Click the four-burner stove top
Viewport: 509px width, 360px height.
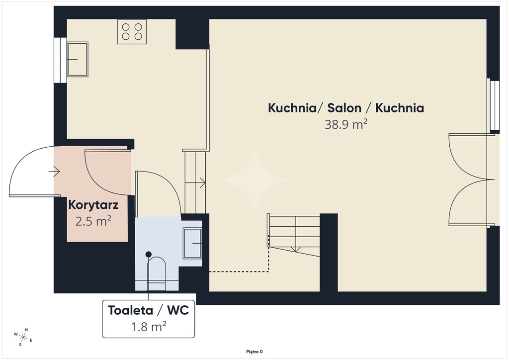coord(132,31)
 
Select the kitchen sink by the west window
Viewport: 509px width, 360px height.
coord(77,59)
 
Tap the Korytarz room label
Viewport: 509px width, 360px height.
coord(93,205)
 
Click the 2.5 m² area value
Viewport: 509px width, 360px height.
coord(93,221)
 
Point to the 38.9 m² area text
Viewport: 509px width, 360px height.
coord(346,124)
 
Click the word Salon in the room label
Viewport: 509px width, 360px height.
coord(344,108)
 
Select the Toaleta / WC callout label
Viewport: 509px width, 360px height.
coord(148,310)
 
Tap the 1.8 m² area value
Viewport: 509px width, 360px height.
coord(148,326)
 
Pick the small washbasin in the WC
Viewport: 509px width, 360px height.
coord(192,243)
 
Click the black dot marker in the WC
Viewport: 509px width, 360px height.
coord(148,254)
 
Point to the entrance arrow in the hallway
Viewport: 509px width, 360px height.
coord(54,171)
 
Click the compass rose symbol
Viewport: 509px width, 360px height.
coord(23,337)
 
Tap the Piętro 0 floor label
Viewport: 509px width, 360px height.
coord(254,352)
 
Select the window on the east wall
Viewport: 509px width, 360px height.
coord(495,105)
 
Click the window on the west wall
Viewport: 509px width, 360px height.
coord(60,60)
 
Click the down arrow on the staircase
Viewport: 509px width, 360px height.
coord(295,249)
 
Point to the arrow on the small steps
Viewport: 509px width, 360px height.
coord(195,183)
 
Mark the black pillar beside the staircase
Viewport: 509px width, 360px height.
coord(329,252)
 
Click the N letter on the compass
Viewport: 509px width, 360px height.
coord(27,330)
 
